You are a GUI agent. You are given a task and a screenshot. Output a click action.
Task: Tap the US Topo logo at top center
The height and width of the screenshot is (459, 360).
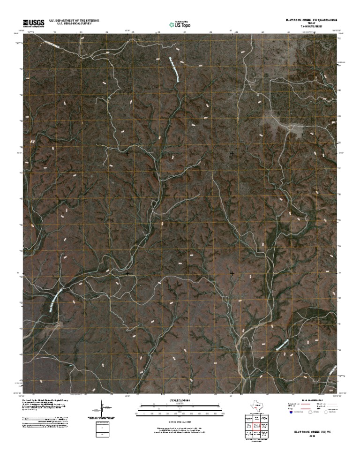pyautogui.click(x=180, y=23)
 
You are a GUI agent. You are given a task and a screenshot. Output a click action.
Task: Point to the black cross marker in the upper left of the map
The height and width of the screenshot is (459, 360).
pyautogui.click(x=127, y=153)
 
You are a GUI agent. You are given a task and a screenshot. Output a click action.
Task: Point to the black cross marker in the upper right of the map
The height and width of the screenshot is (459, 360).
pyautogui.click(x=232, y=153)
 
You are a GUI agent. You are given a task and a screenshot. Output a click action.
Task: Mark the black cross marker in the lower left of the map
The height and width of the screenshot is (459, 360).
pyautogui.click(x=127, y=273)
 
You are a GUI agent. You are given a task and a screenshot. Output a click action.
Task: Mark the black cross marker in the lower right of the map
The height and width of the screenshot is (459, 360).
pyautogui.click(x=232, y=272)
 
